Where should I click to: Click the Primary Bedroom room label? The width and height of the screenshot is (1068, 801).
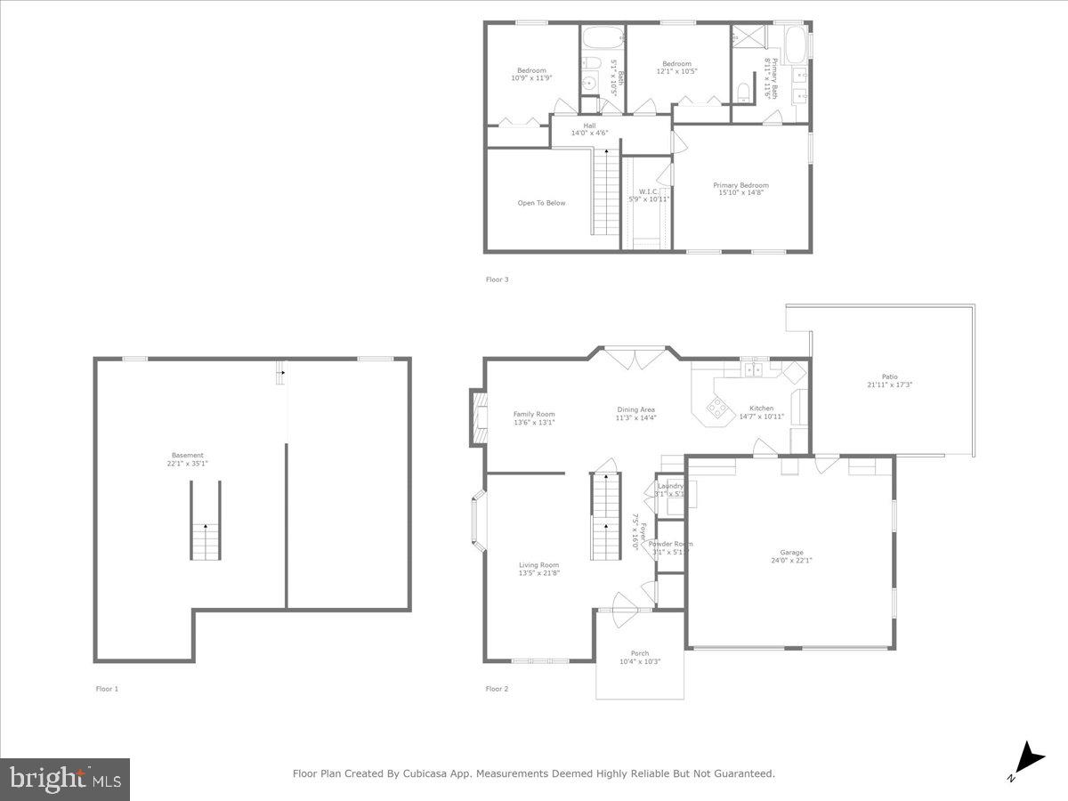click(x=740, y=189)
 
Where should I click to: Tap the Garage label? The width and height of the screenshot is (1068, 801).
click(x=790, y=557)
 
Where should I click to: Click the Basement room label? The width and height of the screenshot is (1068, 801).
click(x=189, y=459)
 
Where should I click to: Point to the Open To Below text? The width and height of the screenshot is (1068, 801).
click(x=541, y=203)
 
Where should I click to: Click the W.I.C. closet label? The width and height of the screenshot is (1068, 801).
click(x=649, y=195)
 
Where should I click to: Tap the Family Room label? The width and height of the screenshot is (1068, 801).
click(x=534, y=418)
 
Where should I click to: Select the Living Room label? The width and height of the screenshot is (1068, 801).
click(x=539, y=569)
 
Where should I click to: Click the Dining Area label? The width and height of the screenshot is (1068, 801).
click(x=635, y=414)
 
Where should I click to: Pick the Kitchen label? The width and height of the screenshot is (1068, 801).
click(x=761, y=412)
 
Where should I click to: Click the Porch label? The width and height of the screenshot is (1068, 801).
click(x=640, y=657)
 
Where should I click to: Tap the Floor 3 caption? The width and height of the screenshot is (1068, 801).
click(x=497, y=279)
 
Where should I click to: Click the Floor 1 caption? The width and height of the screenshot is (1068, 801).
click(x=107, y=689)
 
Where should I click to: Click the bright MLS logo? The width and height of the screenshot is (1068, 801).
click(x=65, y=780)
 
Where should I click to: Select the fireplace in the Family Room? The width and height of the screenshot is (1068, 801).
click(x=479, y=418)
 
